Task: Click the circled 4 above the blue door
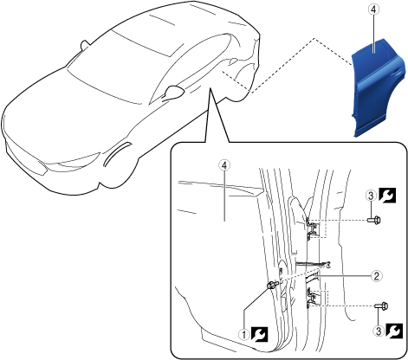(373, 10)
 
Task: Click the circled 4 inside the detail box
(224, 165)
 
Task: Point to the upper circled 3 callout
(372, 196)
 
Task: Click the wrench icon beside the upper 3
(387, 196)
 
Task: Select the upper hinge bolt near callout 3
(374, 220)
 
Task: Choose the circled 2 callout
(377, 276)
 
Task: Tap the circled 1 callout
(243, 335)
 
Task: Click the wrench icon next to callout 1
(259, 334)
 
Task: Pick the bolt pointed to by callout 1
(272, 286)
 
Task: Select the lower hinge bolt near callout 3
(381, 305)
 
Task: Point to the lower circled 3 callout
(379, 331)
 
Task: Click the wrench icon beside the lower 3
(394, 331)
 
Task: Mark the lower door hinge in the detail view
(313, 299)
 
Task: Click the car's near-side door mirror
(175, 91)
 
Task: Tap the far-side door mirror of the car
(85, 45)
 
